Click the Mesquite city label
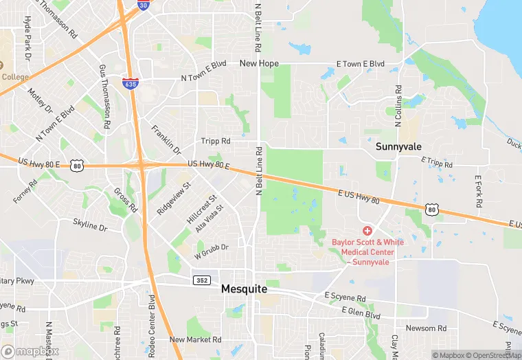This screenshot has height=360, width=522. coord(244,289)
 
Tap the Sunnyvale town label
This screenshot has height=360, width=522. coord(398,146)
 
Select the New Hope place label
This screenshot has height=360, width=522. coord(259,63)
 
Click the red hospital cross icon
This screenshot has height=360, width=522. coord(367,231)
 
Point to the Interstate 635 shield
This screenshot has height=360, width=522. coord(129,83)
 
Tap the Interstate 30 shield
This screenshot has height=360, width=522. coord(142,5)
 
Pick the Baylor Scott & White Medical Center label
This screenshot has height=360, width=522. coord(368,251)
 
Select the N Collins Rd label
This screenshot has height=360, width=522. coord(398,106)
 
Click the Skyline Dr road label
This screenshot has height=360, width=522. coord(90,225)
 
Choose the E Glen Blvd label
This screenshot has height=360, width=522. coord(361,314)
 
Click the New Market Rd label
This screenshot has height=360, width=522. coord(196,339)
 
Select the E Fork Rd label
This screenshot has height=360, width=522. coord(479,193)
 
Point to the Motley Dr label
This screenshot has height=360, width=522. coord(41,100)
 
